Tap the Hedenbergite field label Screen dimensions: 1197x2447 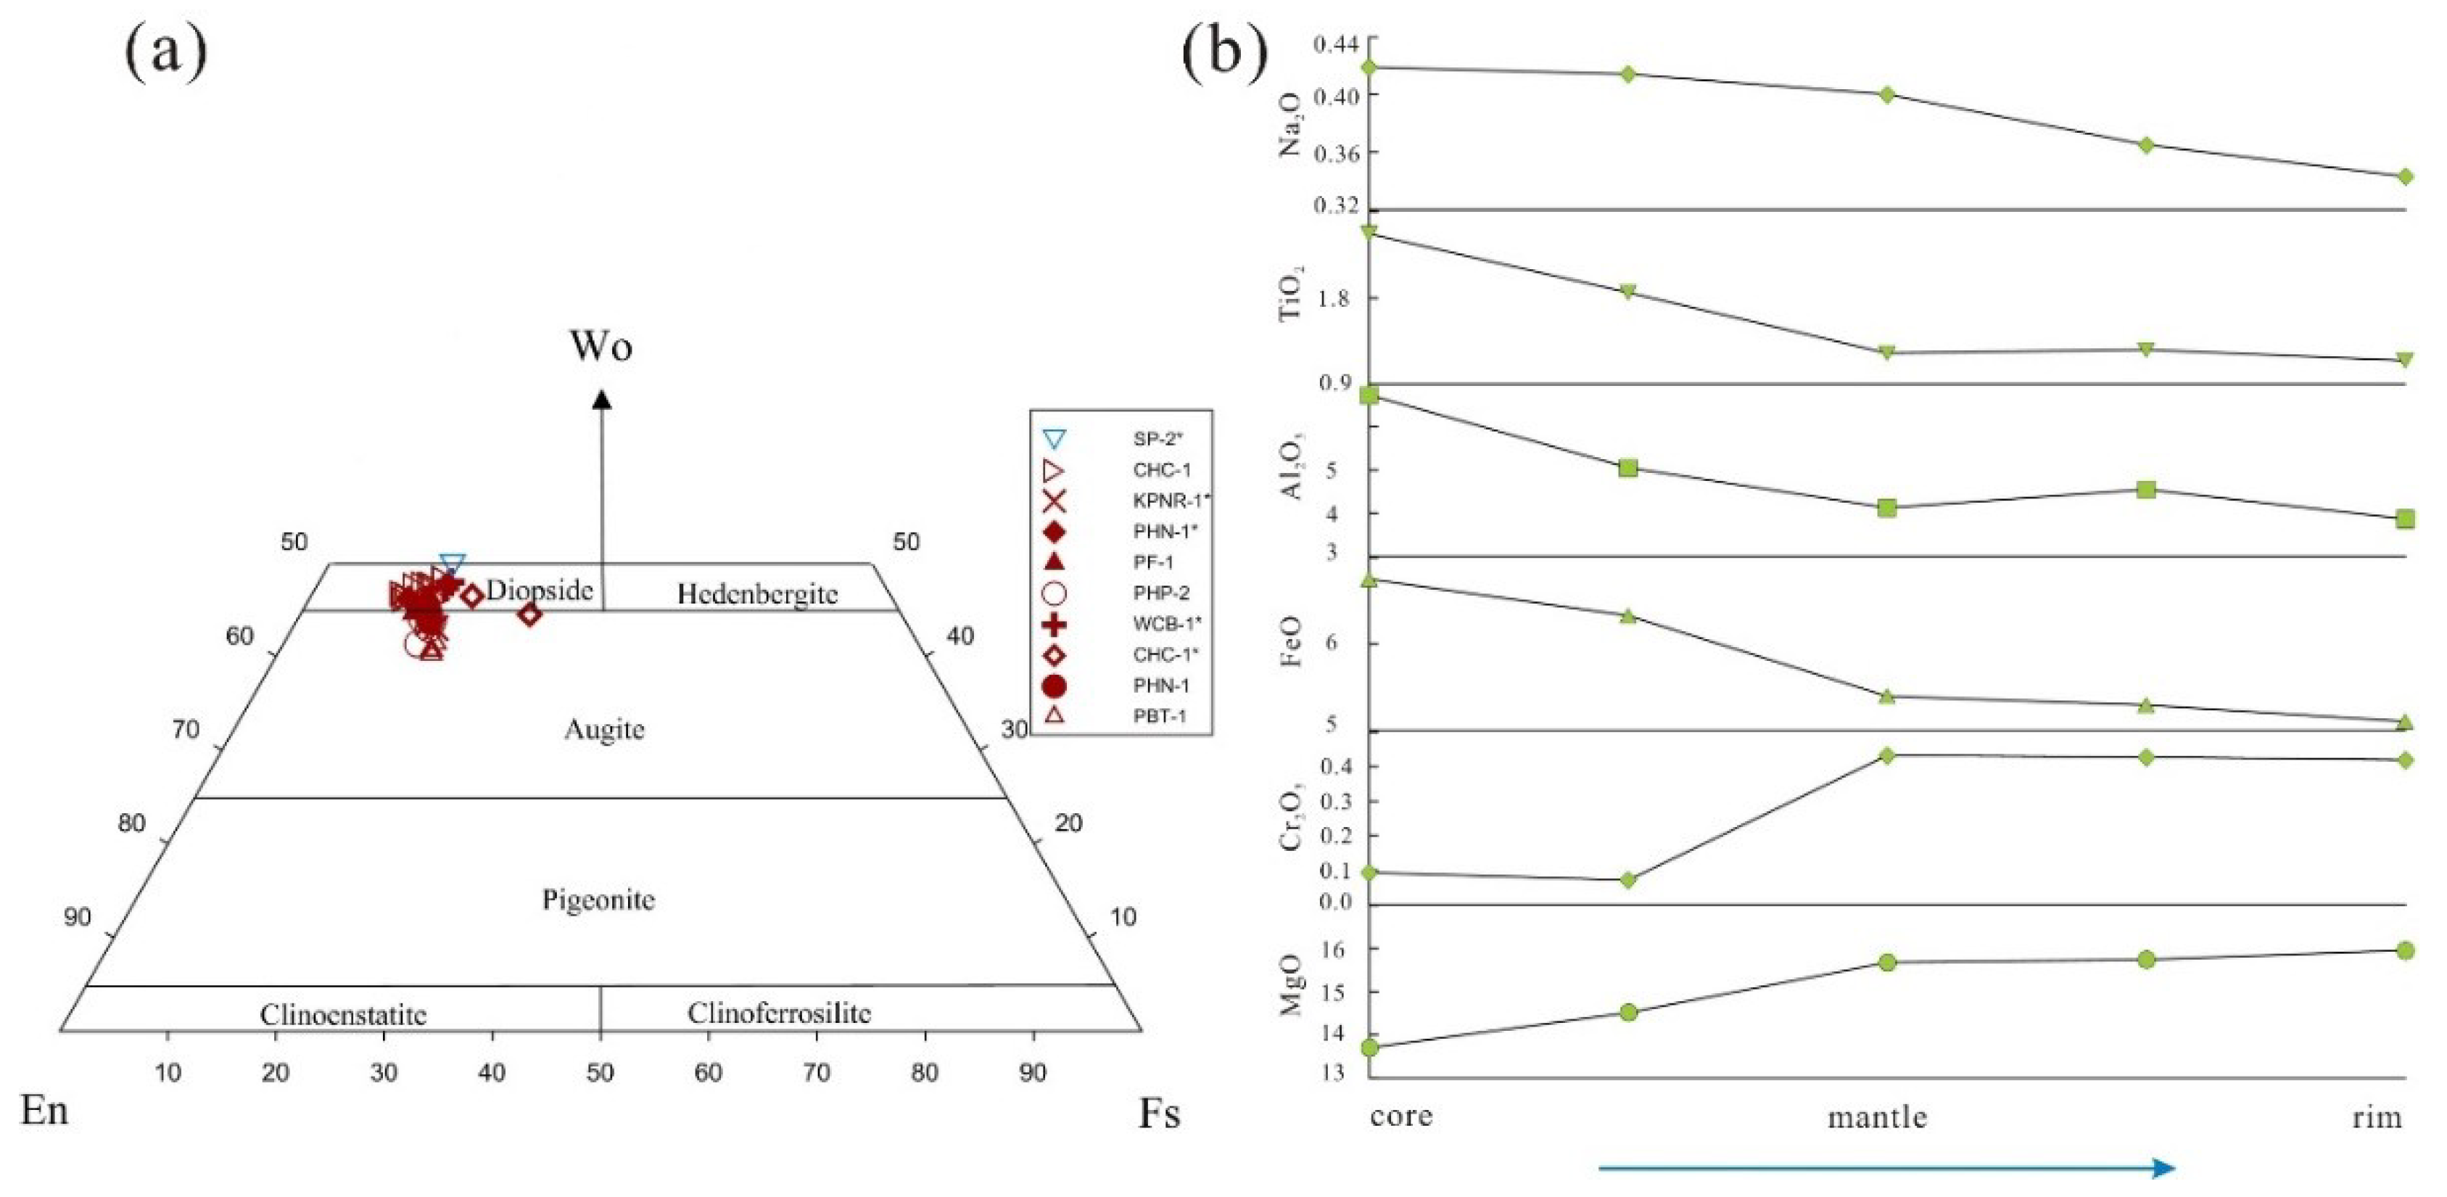[x=757, y=595]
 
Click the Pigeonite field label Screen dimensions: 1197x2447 [x=598, y=900]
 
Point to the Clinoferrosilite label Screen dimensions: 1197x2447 [x=779, y=1013]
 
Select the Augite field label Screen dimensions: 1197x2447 [x=604, y=730]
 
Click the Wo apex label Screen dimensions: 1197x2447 [x=601, y=347]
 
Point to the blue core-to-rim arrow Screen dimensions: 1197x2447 [x=1886, y=1167]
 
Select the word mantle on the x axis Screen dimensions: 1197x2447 [x=1877, y=1117]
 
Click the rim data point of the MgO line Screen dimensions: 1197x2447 [x=2405, y=950]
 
